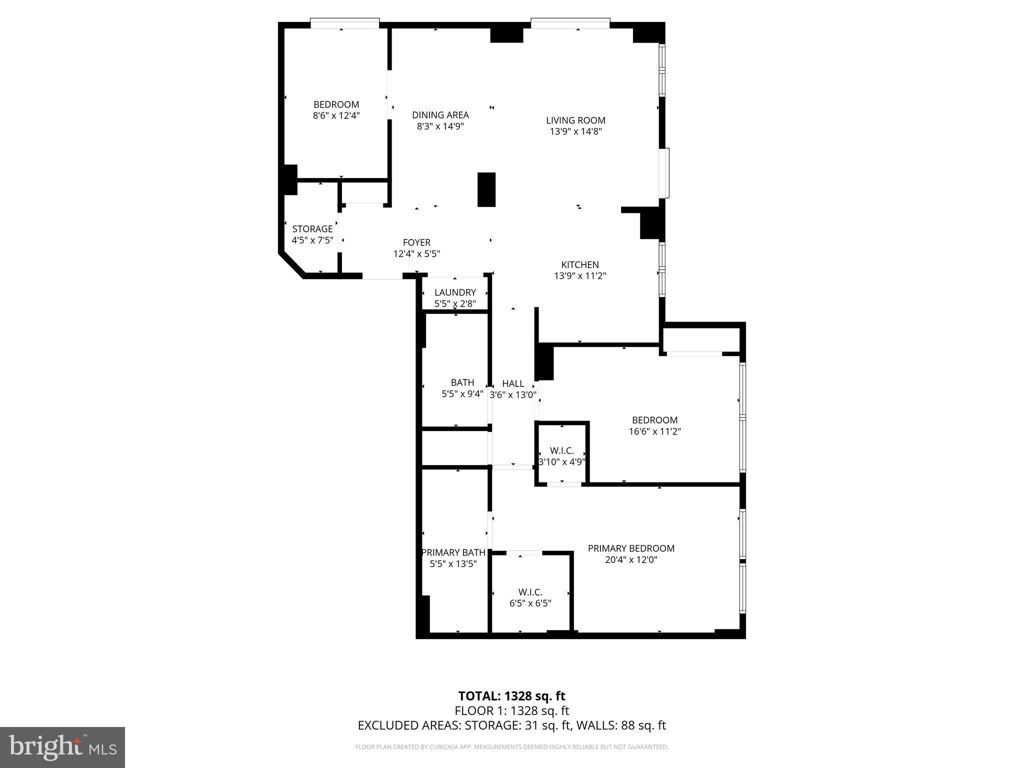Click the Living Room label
pos(575,120)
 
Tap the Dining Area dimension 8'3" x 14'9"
pos(440,126)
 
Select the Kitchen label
pos(580,265)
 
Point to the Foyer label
pos(416,243)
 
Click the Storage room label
pos(312,229)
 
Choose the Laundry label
pos(455,292)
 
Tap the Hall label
pos(513,383)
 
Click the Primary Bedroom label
pos(631,548)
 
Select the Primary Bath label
pos(453,552)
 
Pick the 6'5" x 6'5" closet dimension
pos(530,603)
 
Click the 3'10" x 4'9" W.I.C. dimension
pos(562,462)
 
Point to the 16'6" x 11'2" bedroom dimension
pos(654,431)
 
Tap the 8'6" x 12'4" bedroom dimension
pos(336,115)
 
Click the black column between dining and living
pos(486,189)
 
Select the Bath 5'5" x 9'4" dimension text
pos(462,394)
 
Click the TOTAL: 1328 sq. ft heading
pos(511,696)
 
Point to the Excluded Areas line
pos(511,725)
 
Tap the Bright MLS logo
pos(62,747)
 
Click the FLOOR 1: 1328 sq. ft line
pos(511,710)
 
